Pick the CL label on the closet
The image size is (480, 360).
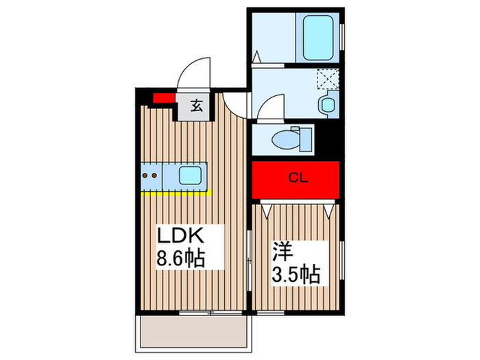[296, 179]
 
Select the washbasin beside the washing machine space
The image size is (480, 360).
[326, 105]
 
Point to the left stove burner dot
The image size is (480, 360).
[146, 176]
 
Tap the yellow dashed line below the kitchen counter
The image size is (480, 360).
[174, 193]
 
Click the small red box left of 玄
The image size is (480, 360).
[163, 97]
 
